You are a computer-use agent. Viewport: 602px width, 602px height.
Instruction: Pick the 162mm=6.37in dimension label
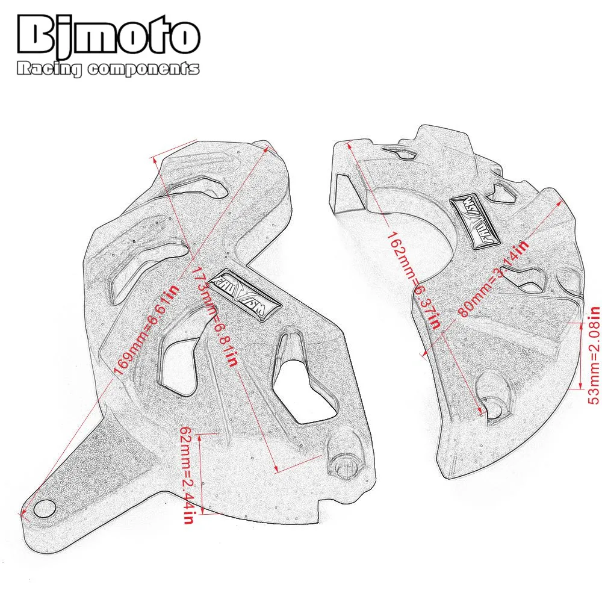pyautogui.click(x=415, y=279)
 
